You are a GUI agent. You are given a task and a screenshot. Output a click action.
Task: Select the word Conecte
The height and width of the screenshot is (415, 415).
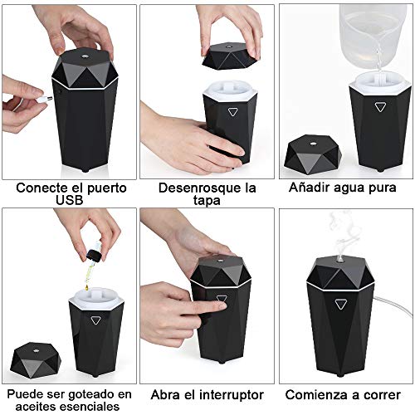40,188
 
